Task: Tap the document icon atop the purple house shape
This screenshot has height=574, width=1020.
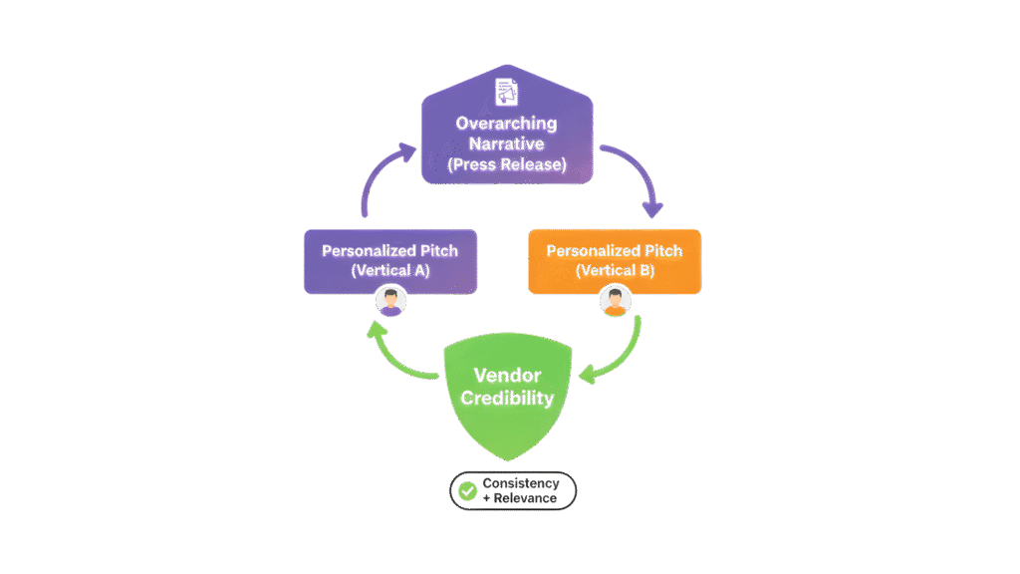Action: [x=508, y=93]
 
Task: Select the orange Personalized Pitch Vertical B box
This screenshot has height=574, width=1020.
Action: [x=614, y=261]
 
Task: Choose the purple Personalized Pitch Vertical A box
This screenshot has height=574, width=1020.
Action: [x=389, y=261]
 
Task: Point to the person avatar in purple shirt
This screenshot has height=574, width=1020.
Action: [x=390, y=302]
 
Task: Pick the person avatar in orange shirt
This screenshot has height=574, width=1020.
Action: [x=617, y=302]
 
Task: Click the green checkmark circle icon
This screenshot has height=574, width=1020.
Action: [x=467, y=490]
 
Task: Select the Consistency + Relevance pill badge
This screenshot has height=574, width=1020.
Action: [x=513, y=490]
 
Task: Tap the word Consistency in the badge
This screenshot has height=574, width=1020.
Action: [x=521, y=483]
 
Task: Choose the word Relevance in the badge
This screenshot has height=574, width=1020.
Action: [x=525, y=497]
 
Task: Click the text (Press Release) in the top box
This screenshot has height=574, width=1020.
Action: [x=508, y=164]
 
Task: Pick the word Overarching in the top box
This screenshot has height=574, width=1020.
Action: [x=508, y=124]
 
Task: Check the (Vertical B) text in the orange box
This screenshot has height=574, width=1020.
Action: [x=615, y=270]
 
